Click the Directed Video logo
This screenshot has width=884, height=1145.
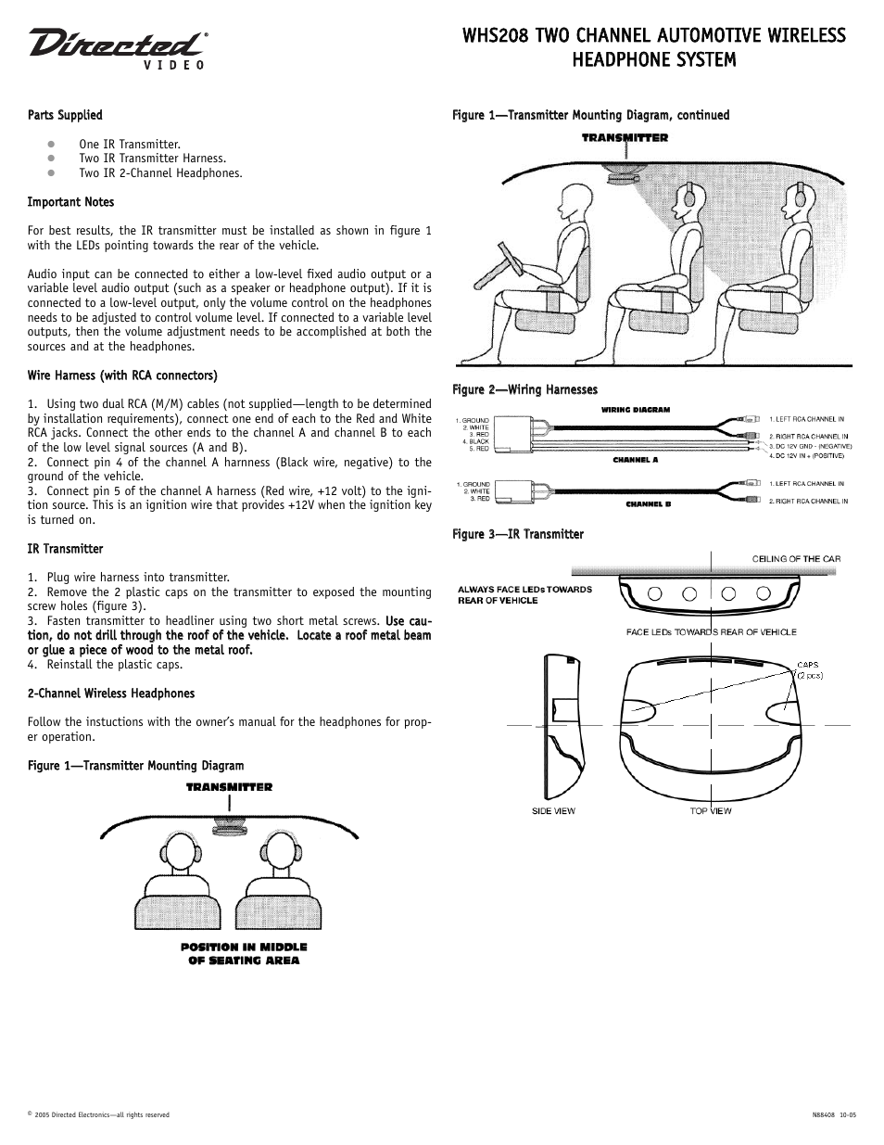coord(117,48)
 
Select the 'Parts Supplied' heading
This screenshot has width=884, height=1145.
coord(65,115)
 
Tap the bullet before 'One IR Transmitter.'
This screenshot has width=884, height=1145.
coord(53,145)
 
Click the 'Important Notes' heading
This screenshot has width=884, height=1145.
coord(70,202)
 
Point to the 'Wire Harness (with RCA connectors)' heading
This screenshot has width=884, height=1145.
coord(122,375)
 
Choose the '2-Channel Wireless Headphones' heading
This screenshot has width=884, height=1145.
coord(111,693)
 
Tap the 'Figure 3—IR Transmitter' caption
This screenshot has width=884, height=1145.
coord(517,534)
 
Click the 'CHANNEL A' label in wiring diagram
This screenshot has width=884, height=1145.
coord(635,460)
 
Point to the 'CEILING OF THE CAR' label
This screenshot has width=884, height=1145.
coord(795,559)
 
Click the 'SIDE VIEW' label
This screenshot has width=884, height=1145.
coord(553,811)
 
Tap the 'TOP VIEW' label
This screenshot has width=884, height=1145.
coord(711,811)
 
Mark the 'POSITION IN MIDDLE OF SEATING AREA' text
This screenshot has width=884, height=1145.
coord(244,954)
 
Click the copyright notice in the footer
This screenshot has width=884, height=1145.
coord(98,1115)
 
